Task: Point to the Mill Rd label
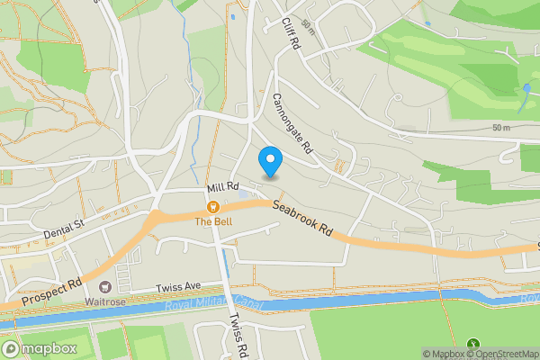click(x=220, y=188)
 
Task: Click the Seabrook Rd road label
click(x=303, y=219)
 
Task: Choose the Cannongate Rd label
click(x=292, y=122)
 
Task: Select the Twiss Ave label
click(x=177, y=286)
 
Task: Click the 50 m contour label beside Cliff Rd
click(x=310, y=22)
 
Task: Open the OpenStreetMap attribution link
click(x=499, y=355)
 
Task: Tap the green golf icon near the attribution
click(x=474, y=343)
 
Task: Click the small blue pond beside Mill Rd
click(x=244, y=195)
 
